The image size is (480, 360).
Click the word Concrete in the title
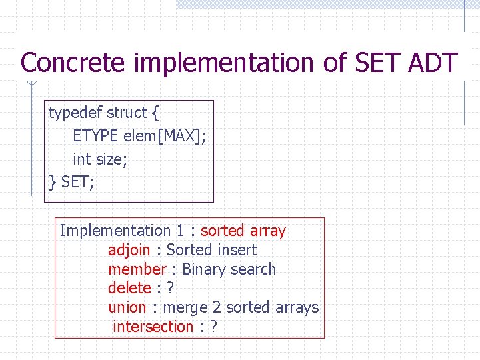(73, 63)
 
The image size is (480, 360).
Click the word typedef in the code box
(75, 113)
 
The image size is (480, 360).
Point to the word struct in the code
(127, 113)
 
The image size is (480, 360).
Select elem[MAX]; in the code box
(165, 136)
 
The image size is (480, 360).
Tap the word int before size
(81, 159)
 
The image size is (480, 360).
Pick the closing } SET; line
(71, 181)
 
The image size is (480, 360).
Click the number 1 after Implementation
(180, 231)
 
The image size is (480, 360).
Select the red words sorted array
(243, 231)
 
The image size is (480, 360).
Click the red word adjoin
(129, 250)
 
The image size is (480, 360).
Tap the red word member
(137, 269)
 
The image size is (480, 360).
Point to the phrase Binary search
(229, 269)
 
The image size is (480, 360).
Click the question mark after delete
(171, 288)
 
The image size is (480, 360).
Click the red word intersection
(153, 327)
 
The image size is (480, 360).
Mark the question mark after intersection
(213, 327)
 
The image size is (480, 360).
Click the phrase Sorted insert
(211, 250)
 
